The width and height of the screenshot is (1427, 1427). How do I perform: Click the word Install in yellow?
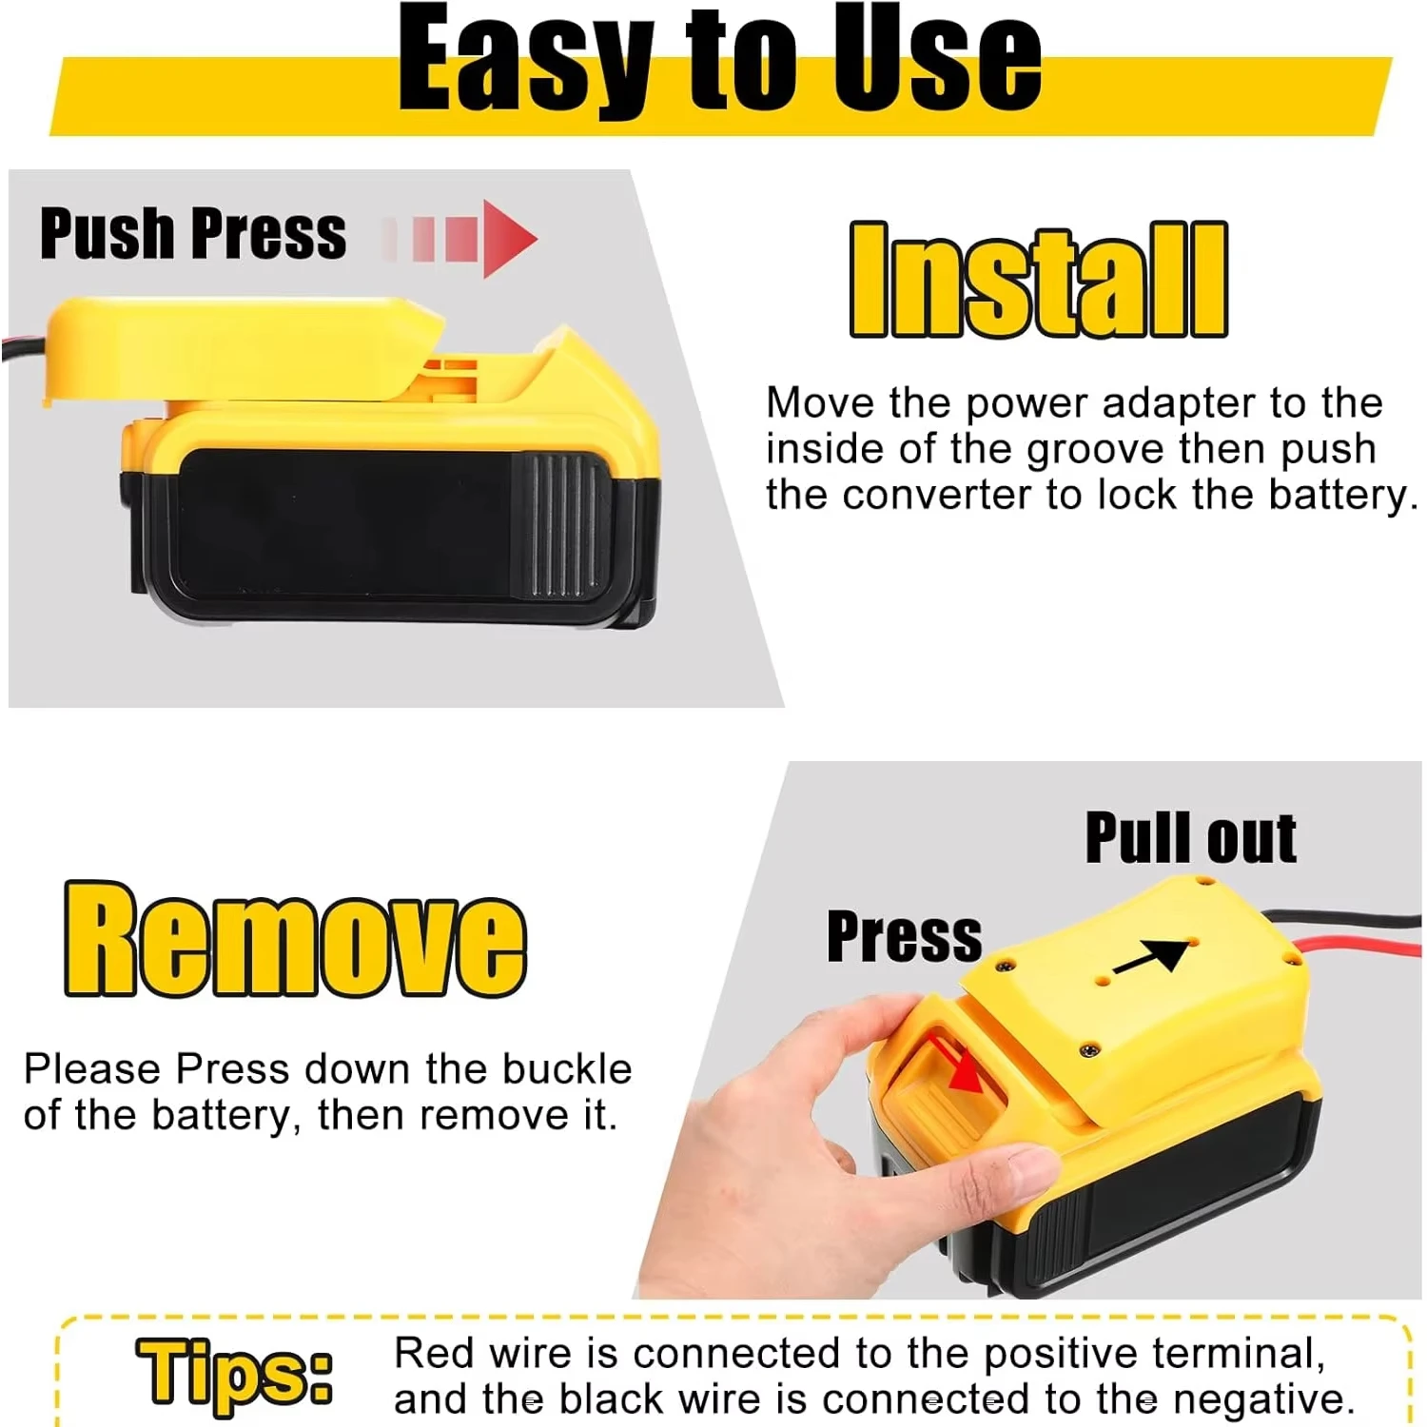(x=1038, y=280)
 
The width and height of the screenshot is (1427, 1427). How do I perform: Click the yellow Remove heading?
(x=295, y=940)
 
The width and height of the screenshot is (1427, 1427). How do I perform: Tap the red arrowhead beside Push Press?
(x=509, y=238)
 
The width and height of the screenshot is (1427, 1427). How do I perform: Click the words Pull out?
(x=1190, y=838)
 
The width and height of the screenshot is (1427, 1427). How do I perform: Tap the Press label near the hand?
(x=904, y=936)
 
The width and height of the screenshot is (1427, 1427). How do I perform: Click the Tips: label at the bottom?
(x=234, y=1372)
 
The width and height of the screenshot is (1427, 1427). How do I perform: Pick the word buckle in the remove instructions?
(x=567, y=1069)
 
